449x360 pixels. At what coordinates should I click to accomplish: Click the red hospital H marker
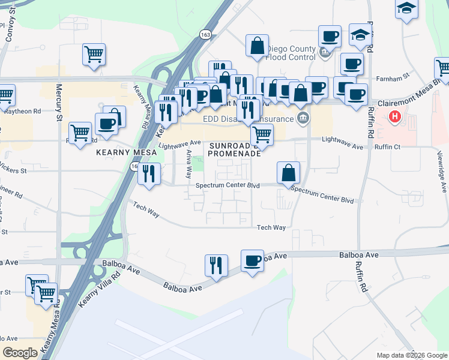click(394, 116)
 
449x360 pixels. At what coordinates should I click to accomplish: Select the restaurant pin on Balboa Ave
click(215, 265)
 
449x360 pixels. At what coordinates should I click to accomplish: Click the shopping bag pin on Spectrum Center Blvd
click(289, 173)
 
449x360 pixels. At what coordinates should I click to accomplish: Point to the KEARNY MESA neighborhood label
click(126, 153)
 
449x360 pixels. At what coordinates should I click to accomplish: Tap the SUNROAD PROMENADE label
click(234, 149)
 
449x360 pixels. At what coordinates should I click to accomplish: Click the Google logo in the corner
click(20, 353)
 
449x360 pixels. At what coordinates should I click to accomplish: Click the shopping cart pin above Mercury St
click(94, 55)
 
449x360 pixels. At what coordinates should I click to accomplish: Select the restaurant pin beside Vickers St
click(148, 174)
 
